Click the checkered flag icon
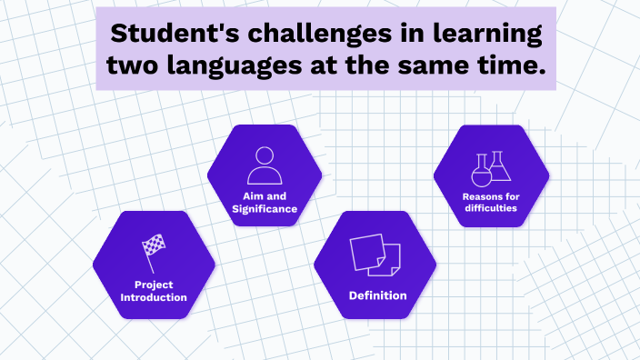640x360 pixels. (153, 247)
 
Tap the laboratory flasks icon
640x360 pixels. (490, 167)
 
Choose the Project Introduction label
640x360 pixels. (154, 291)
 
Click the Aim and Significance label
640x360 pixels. (265, 203)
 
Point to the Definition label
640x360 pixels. (377, 295)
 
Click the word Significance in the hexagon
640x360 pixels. (265, 209)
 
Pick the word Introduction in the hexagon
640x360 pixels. (154, 297)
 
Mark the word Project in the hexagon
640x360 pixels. (154, 285)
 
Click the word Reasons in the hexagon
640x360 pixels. (481, 195)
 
